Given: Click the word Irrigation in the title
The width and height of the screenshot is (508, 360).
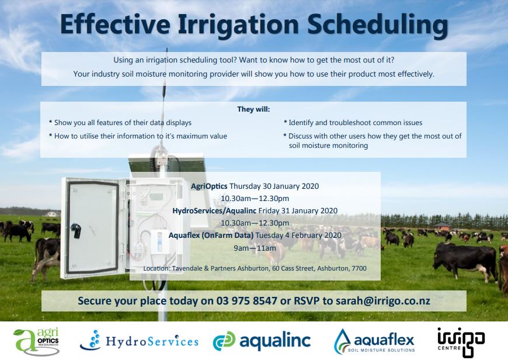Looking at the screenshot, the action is [238, 25].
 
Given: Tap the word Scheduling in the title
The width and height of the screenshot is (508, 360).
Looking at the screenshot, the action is [377, 25].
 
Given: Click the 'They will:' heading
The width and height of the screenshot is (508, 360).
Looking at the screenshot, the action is [253, 109].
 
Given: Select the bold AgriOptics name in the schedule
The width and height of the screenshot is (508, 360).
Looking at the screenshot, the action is [209, 186].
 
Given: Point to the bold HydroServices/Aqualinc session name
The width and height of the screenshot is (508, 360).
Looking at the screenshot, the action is [214, 211].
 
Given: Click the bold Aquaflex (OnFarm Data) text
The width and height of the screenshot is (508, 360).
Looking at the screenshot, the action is [211, 236].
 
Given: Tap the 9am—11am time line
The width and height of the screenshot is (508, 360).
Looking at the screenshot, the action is [255, 248].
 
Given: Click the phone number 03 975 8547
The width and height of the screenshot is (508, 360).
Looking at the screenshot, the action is [247, 300].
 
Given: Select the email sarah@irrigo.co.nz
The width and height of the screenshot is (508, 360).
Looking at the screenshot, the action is [382, 300].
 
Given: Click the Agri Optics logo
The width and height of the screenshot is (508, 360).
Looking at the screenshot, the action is [36, 341].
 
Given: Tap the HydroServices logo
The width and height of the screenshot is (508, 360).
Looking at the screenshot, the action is [139, 341].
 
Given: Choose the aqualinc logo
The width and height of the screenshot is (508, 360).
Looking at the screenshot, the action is [262, 341].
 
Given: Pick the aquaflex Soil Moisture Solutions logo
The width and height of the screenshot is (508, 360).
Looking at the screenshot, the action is [374, 341].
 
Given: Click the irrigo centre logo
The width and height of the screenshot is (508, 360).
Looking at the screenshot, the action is [461, 341].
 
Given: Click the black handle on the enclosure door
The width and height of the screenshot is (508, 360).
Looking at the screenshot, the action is [76, 231].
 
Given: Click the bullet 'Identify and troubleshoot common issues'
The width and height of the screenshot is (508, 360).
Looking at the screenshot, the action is [353, 123].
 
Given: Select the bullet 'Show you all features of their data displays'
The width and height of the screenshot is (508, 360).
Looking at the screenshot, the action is [120, 123].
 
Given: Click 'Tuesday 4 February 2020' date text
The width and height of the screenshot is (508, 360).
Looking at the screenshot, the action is [298, 236].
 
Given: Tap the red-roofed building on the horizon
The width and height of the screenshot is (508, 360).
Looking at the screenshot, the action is [442, 226].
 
